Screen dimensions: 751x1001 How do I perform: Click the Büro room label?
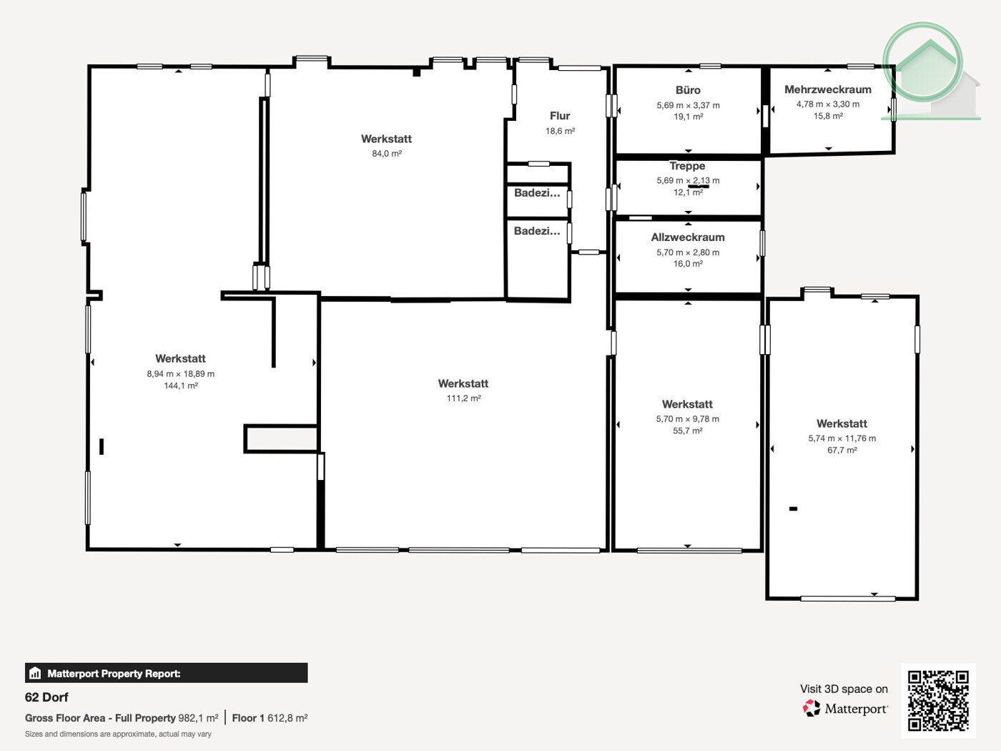click(x=688, y=90)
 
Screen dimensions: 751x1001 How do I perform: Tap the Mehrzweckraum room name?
click(x=827, y=89)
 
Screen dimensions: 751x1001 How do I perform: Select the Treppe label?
click(x=687, y=166)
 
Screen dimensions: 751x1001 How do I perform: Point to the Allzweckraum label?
click(x=687, y=237)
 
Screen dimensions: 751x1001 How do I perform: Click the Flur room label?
click(x=560, y=116)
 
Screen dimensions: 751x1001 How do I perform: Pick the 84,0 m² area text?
click(x=386, y=154)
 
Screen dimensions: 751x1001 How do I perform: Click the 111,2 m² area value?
click(x=463, y=398)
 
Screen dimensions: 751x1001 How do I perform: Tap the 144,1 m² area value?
click(x=180, y=386)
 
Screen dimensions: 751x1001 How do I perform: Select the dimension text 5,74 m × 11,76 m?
click(x=842, y=438)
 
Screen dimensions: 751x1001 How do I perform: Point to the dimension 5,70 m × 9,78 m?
click(x=687, y=419)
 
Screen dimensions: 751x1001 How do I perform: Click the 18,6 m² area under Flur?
click(x=560, y=131)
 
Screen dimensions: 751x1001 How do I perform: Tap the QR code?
click(x=937, y=700)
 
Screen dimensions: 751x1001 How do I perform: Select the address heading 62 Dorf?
click(x=46, y=697)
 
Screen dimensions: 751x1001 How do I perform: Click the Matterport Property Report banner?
click(x=166, y=673)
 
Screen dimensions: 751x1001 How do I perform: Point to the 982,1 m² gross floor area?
click(x=198, y=718)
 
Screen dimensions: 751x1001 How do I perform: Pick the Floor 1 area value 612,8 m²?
click(x=287, y=718)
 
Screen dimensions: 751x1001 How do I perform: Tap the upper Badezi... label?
click(x=536, y=193)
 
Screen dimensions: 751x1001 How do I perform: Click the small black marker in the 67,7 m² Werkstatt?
click(x=793, y=509)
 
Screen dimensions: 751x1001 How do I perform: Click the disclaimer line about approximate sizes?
click(x=118, y=734)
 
